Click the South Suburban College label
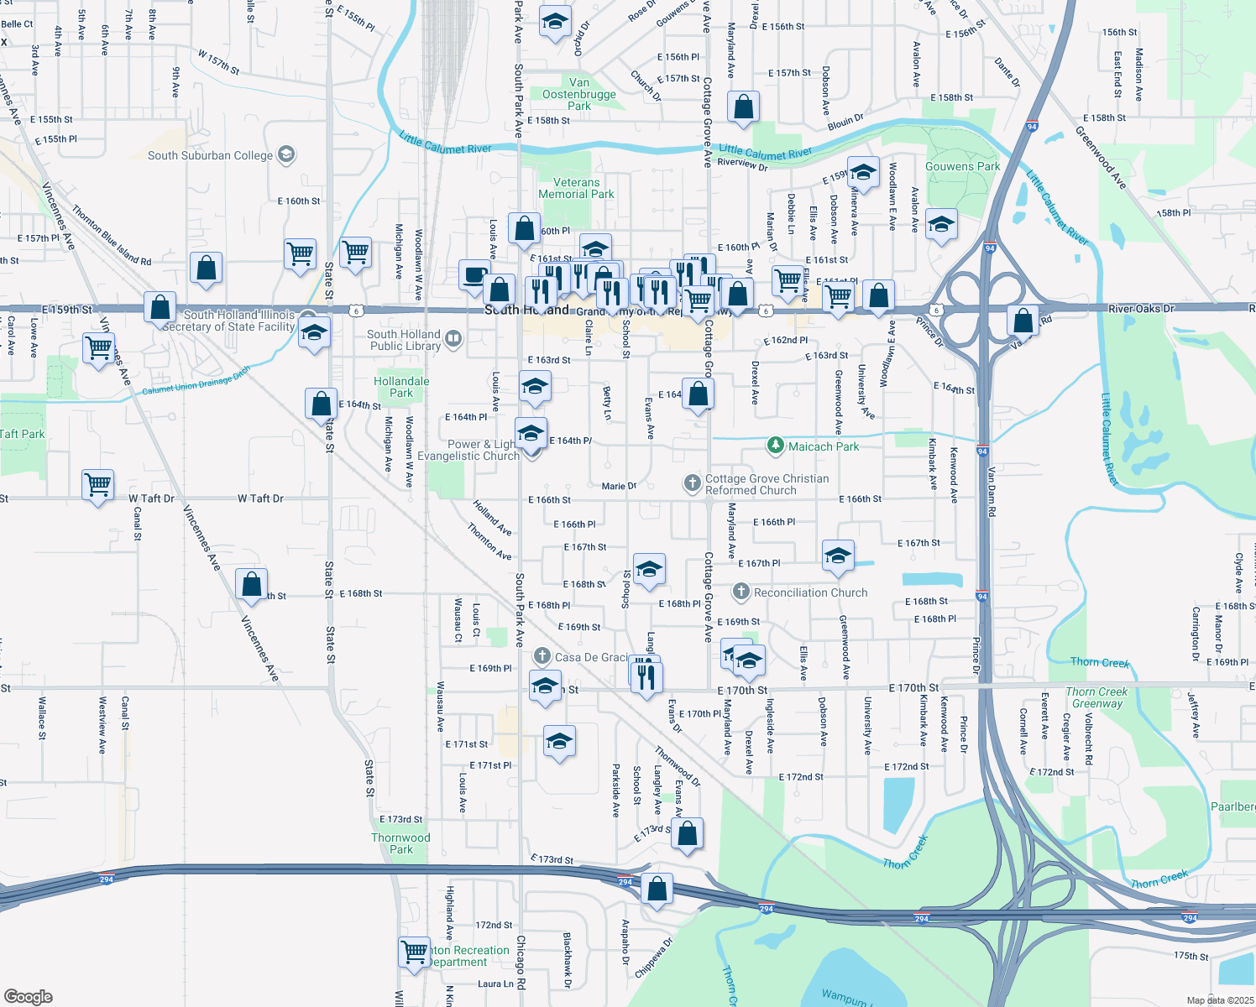click(210, 155)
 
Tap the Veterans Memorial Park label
click(576, 188)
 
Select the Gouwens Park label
click(962, 166)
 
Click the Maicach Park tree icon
click(777, 446)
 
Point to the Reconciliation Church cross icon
click(741, 592)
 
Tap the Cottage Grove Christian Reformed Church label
click(767, 484)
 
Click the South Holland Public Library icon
click(453, 338)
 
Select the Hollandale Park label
click(401, 387)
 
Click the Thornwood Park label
click(400, 843)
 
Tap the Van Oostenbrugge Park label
click(579, 94)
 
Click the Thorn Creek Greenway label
click(1096, 697)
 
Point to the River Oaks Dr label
click(1141, 309)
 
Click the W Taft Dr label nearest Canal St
click(151, 498)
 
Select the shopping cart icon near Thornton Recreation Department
click(414, 952)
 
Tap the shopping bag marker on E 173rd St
click(687, 833)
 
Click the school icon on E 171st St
click(559, 742)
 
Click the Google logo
click(28, 997)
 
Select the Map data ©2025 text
click(1220, 1000)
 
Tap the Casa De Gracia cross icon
click(542, 656)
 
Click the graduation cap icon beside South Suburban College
click(286, 154)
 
